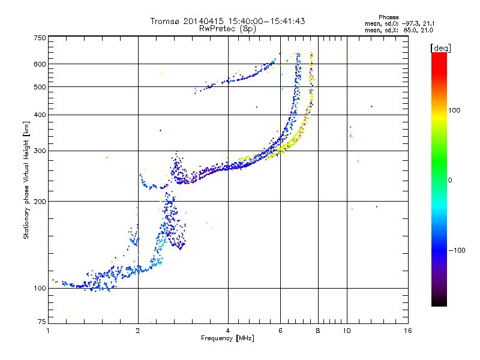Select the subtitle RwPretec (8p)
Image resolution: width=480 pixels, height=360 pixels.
tap(227, 28)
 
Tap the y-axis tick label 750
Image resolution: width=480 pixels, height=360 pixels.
tap(40, 38)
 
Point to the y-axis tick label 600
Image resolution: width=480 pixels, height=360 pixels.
tap(40, 64)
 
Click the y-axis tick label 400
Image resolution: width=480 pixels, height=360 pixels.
tap(40, 115)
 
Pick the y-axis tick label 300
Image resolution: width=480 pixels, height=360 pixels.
tap(40, 151)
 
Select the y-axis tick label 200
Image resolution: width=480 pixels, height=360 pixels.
tap(40, 201)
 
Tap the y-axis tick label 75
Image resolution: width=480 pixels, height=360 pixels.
tap(41, 323)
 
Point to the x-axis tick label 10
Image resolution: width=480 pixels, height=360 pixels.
tap(347, 331)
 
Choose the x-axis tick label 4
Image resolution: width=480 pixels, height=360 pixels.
tap(228, 331)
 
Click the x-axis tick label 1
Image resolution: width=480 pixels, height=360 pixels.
tap(48, 331)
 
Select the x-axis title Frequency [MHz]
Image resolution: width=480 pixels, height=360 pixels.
tap(228, 338)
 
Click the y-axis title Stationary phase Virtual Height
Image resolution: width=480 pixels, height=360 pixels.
tap(26, 180)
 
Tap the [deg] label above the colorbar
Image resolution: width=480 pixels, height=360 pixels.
tap(440, 47)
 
